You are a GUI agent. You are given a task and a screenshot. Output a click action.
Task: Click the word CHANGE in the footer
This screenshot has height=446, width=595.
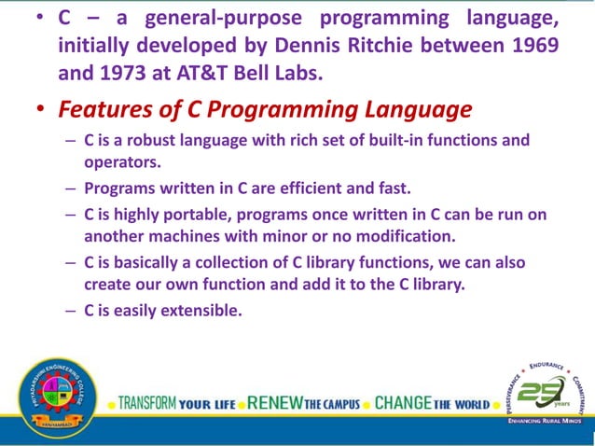pos(403,404)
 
